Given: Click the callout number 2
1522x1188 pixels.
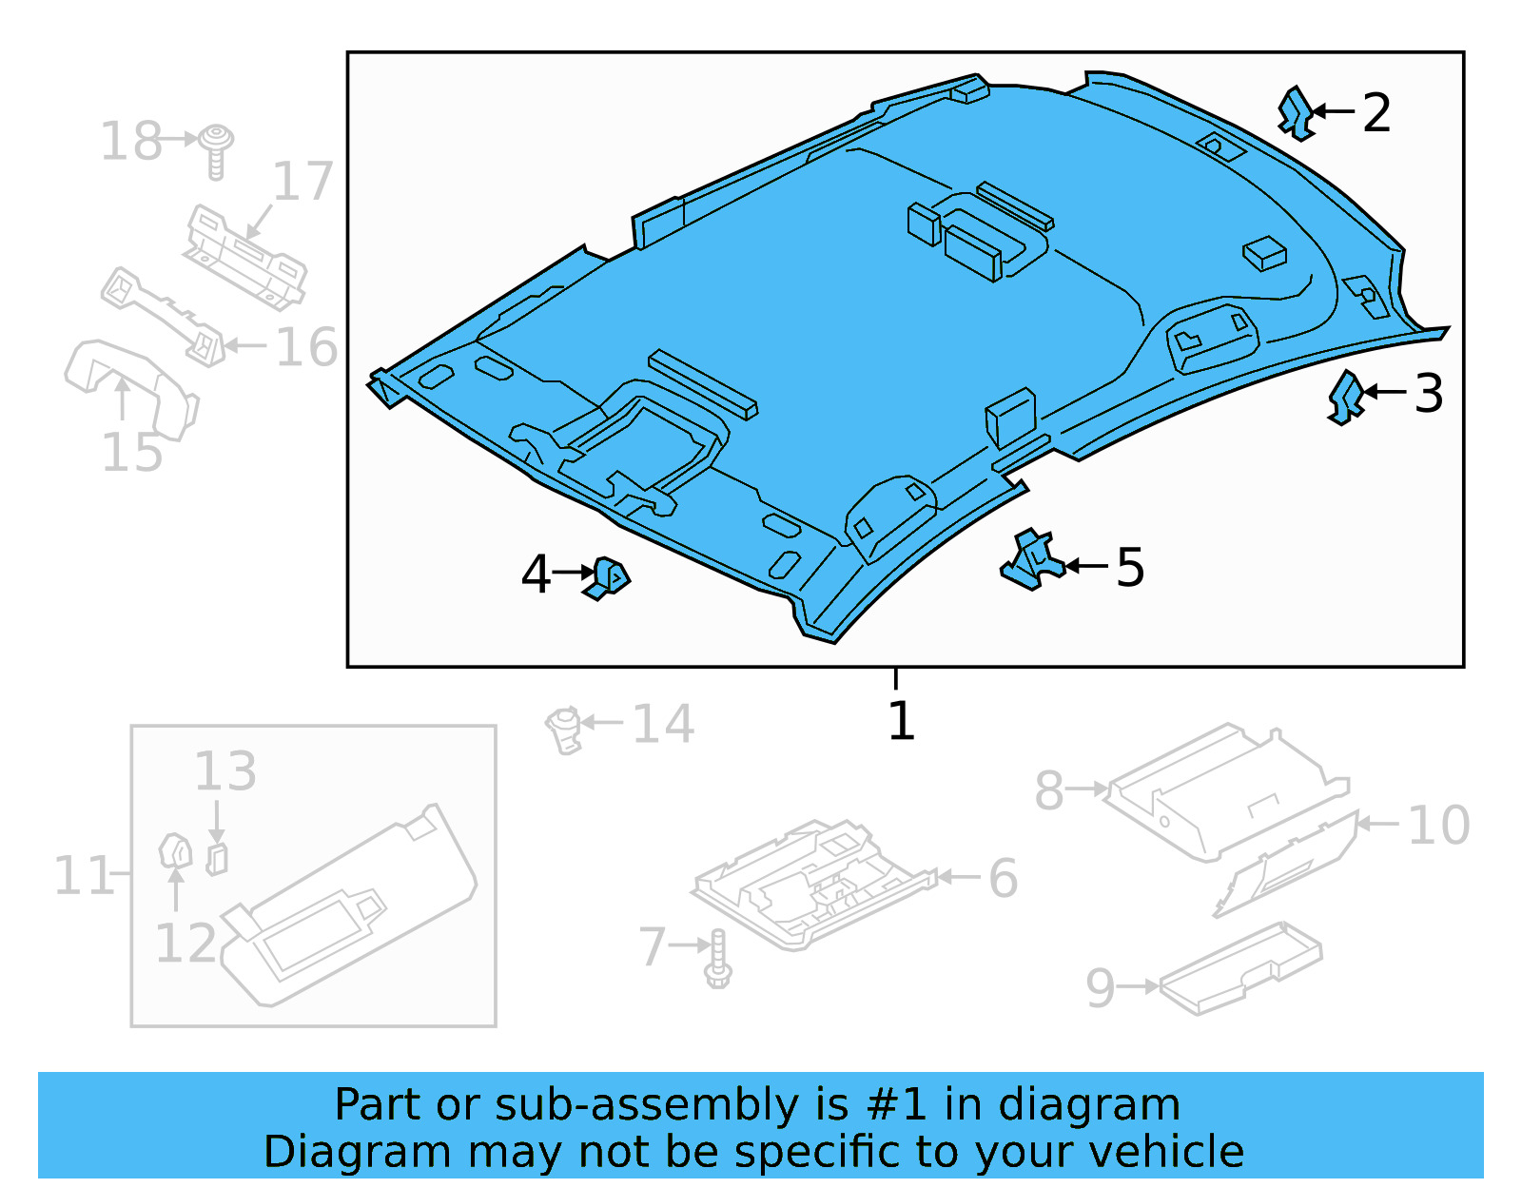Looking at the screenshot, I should (1376, 113).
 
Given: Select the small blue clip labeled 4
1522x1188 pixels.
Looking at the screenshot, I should (609, 577).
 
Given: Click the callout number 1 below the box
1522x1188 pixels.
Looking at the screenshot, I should (900, 721).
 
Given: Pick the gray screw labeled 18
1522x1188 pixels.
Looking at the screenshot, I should (218, 149).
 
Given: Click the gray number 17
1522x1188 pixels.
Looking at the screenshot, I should (303, 182).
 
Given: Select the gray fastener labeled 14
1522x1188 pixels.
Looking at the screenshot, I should (564, 730).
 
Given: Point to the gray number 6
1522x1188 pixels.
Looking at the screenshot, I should (1003, 878).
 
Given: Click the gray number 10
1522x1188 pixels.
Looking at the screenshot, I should (1438, 825).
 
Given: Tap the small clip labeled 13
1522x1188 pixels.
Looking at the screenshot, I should (217, 859).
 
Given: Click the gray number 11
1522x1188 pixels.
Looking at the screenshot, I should (82, 876).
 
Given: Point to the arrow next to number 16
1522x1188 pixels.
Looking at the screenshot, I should (245, 346).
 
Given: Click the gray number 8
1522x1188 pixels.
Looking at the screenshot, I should (1048, 790).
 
